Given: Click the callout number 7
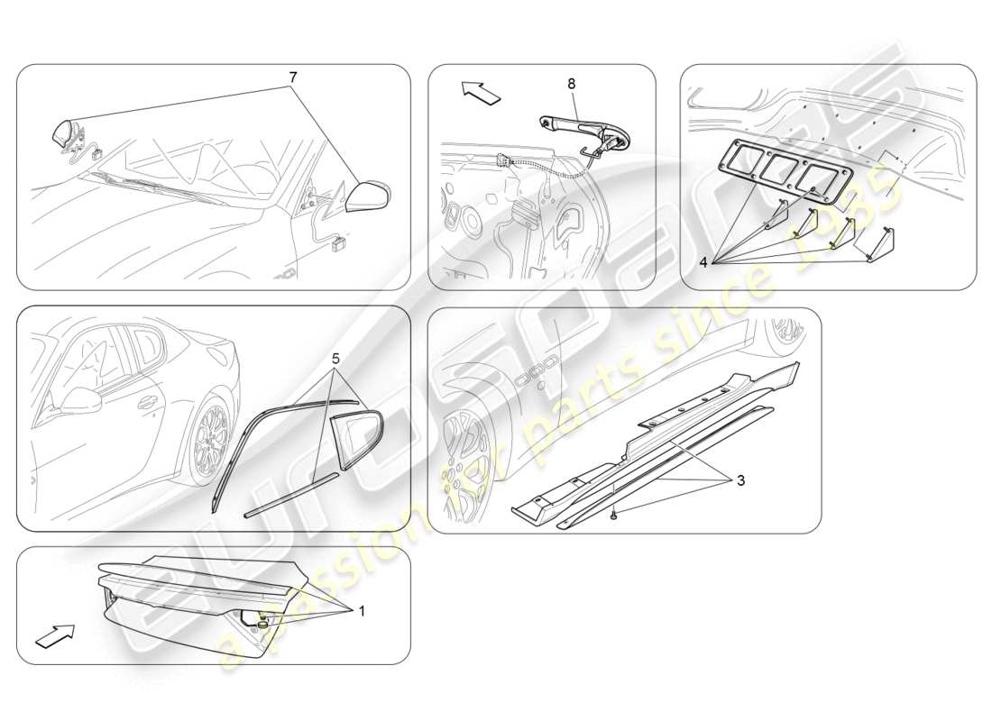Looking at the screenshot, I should pyautogui.click(x=293, y=78).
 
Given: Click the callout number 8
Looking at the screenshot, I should pyautogui.click(x=571, y=83).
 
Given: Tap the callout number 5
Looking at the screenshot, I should pyautogui.click(x=335, y=358).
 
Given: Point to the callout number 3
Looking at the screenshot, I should pyautogui.click(x=740, y=480).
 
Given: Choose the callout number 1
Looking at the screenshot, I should pyautogui.click(x=362, y=611).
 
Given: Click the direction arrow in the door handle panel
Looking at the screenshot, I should pyautogui.click(x=479, y=92).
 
